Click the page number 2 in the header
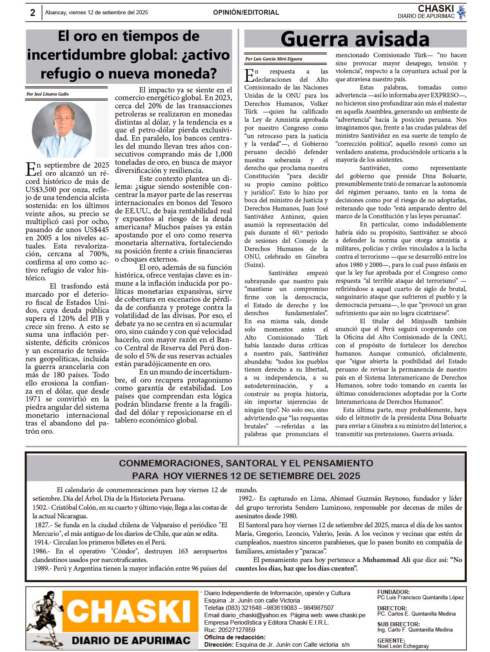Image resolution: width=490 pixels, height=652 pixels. (33, 13)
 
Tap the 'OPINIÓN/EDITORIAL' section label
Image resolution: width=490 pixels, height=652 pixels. (246, 13)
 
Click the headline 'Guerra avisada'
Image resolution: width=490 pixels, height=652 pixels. (355, 39)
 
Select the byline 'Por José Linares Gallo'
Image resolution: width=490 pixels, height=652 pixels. (47, 94)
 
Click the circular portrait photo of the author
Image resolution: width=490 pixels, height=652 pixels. (62, 130)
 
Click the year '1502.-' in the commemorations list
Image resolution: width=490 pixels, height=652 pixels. (42, 507)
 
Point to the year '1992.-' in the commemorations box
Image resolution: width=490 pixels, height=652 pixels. (247, 499)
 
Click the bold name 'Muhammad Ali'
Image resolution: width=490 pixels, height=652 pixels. (386, 560)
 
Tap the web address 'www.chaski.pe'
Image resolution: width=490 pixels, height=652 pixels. (345, 615)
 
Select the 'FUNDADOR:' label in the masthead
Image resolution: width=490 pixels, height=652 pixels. (393, 592)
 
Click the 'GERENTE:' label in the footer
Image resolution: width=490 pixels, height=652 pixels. (391, 641)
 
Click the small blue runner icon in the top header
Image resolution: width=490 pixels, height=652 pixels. (461, 12)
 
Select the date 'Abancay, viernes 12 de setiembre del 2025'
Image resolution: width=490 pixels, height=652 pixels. (97, 13)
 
